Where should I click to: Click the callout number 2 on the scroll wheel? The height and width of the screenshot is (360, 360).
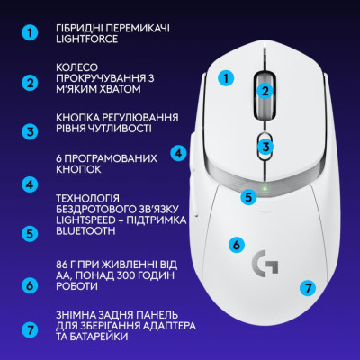pos(265,90)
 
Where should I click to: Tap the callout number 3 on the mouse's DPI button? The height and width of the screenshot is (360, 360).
pos(265,146)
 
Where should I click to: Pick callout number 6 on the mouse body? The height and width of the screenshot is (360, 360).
pos(237,243)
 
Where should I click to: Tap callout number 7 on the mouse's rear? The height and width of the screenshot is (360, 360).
pos(308,289)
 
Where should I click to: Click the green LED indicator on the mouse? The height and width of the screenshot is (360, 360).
pos(265,189)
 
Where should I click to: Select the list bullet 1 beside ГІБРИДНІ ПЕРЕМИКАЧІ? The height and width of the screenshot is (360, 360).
pos(31,33)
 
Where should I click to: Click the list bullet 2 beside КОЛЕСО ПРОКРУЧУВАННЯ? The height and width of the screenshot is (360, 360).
pos(31,83)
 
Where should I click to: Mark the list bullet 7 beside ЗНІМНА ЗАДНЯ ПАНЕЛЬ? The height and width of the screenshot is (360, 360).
pos(31,330)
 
